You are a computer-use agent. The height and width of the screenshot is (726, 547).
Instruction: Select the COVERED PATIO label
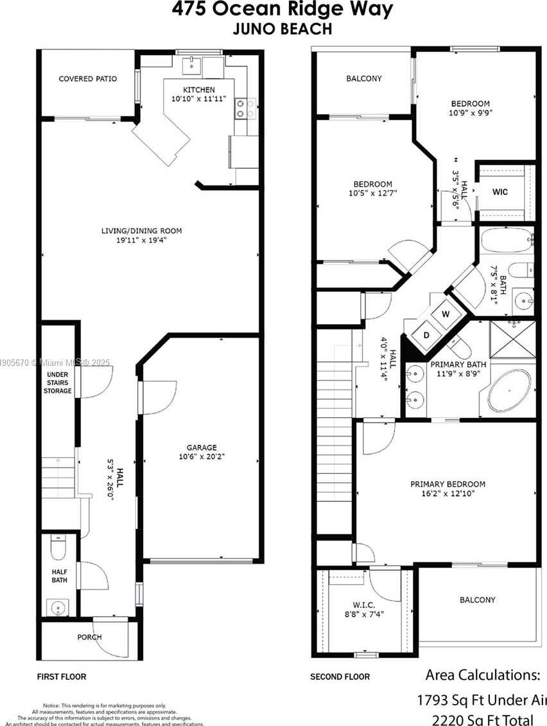coord(88,79)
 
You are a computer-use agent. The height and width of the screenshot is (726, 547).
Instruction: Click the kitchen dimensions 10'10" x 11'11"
coord(199,99)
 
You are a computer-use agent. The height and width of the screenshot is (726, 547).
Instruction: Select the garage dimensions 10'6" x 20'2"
coord(202,457)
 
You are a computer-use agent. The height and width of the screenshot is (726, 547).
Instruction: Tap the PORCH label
coord(90,637)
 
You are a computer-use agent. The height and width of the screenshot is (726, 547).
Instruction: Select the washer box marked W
coord(444,315)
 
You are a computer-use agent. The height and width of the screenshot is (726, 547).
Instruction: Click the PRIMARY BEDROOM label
coord(448,484)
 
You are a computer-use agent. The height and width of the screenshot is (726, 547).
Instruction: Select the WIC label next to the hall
coord(500,192)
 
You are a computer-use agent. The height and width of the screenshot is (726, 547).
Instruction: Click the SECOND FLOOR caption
coord(340,677)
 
